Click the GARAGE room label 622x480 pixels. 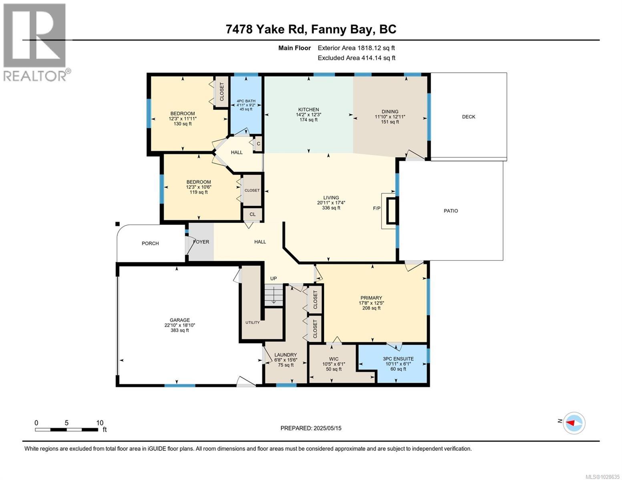[x=179, y=320]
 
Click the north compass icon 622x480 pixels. [x=574, y=423]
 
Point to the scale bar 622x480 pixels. [x=66, y=430]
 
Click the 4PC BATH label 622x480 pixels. [x=246, y=101]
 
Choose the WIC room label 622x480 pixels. [x=334, y=359]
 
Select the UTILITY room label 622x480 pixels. [x=252, y=322]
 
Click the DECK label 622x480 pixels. [x=468, y=117]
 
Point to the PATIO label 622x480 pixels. [x=451, y=211]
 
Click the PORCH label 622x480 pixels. [x=150, y=243]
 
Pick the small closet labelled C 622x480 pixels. [x=258, y=144]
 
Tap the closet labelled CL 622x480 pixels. [x=252, y=214]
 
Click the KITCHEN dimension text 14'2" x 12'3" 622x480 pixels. [x=308, y=114]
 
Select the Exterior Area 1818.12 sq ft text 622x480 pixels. [x=356, y=48]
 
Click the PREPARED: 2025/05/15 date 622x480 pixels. [x=311, y=428]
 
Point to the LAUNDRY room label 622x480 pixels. [x=285, y=355]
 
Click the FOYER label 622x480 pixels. [x=201, y=242]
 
